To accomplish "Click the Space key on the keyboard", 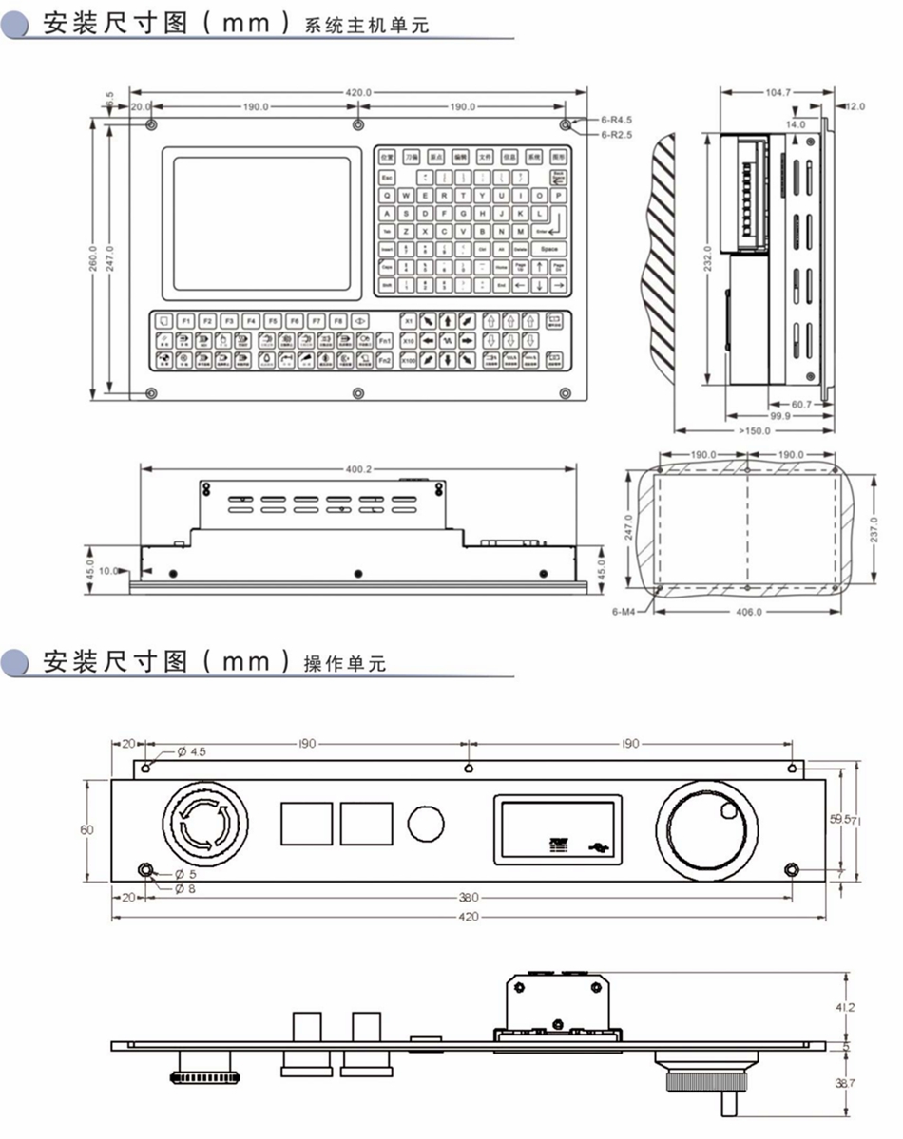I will pos(548,248).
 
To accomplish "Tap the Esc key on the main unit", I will pos(387,178).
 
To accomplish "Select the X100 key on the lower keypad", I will pos(408,360).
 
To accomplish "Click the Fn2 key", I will pos(385,360).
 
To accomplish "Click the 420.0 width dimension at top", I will pos(357,92).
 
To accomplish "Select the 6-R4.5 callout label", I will pos(617,121).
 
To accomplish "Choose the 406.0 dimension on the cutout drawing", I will pos(749,613).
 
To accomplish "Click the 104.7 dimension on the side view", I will pos(776,92).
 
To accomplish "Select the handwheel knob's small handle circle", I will pos(728,810).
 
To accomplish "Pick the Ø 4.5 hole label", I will pos(191,751).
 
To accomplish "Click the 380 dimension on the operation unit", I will pos(468,896).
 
